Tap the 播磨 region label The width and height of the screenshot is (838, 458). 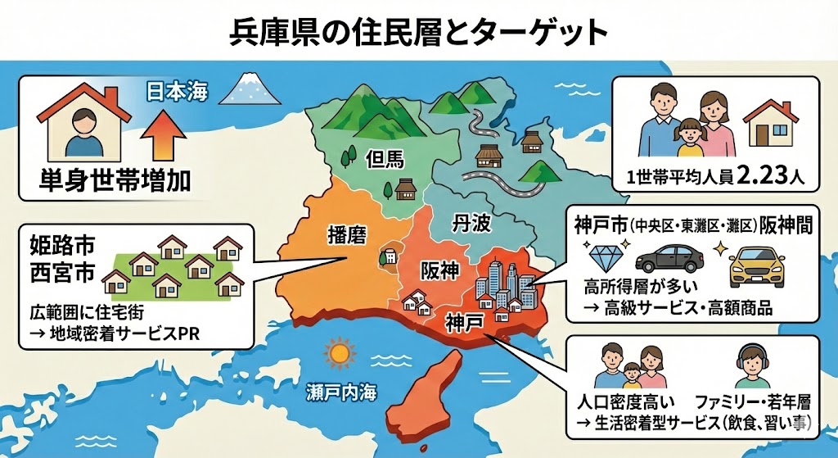click(346, 233)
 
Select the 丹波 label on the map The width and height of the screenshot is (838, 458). click(471, 223)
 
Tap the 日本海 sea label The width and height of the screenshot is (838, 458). click(177, 91)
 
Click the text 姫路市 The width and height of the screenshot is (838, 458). click(54, 244)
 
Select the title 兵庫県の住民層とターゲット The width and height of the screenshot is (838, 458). click(418, 31)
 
